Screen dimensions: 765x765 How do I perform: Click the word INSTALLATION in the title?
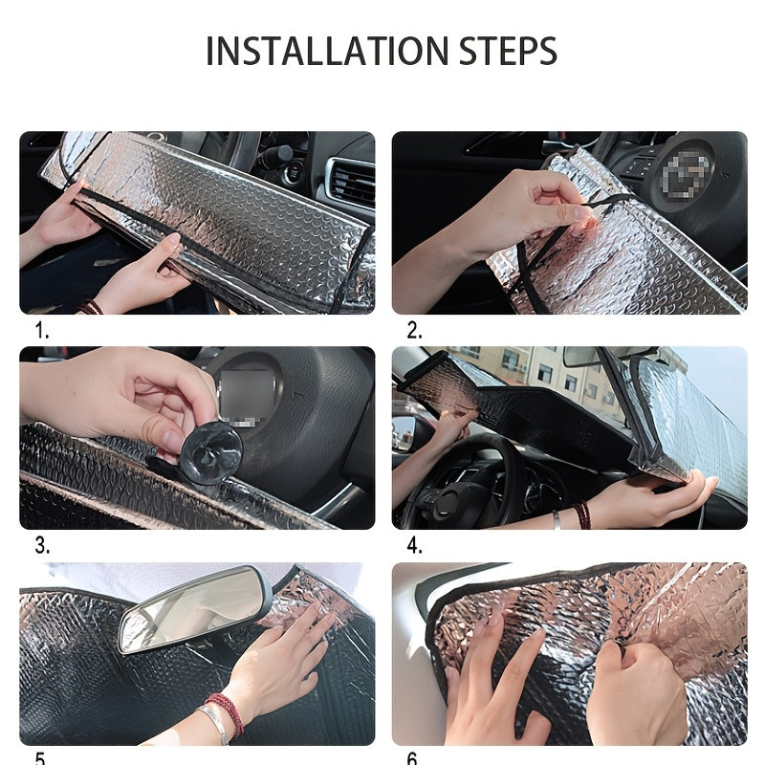[327, 51]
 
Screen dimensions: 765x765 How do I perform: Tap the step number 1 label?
[42, 331]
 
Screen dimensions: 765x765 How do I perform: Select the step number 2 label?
[415, 331]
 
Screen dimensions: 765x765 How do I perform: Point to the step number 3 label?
[42, 545]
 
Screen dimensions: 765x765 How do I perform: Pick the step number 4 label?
[415, 545]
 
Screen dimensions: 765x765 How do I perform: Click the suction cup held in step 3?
[211, 453]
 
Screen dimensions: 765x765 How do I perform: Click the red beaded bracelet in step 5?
[227, 716]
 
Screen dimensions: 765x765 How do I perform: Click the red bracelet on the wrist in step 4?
[581, 515]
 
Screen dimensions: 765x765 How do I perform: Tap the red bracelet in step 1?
[90, 307]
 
